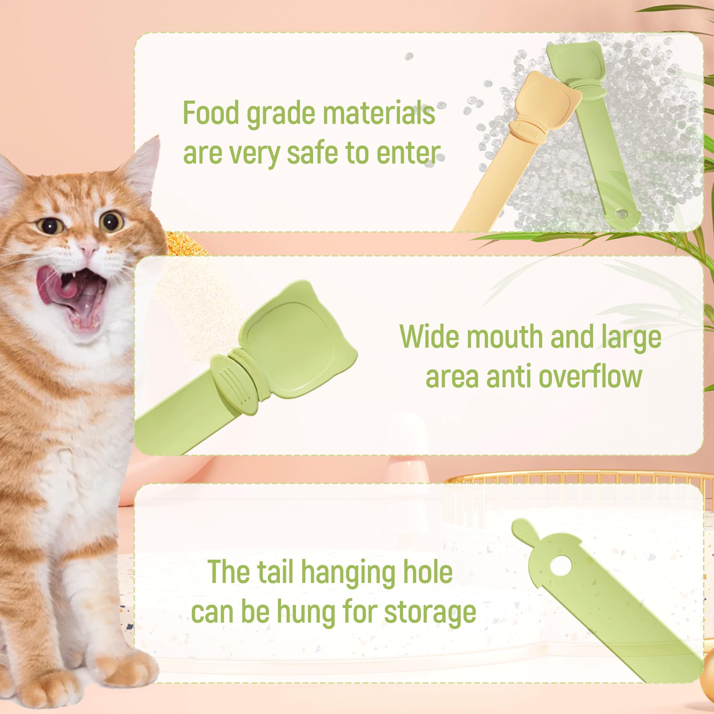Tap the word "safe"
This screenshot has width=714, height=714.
click(313, 153)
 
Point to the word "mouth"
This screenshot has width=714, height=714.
click(505, 337)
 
